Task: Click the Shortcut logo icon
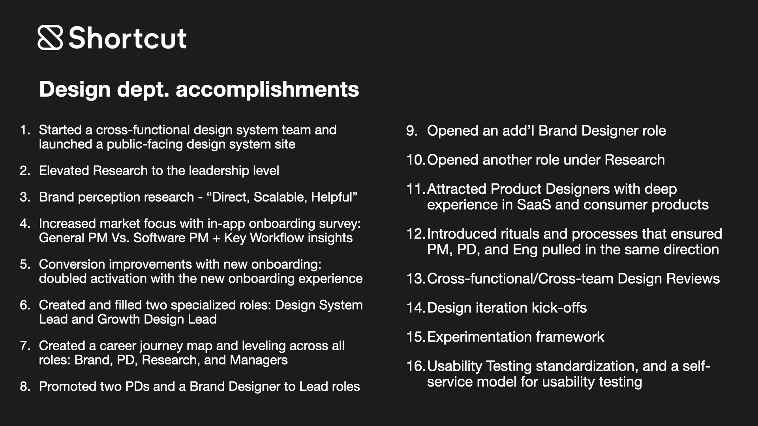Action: point(50,38)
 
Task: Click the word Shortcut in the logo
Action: point(127,38)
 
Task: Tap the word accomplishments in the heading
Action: point(267,90)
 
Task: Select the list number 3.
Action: point(25,197)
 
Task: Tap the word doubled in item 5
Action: point(63,278)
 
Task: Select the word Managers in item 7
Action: point(259,360)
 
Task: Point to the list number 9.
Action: point(412,131)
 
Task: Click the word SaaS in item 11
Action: point(533,205)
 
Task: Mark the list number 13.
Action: point(415,278)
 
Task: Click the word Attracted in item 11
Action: point(456,189)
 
